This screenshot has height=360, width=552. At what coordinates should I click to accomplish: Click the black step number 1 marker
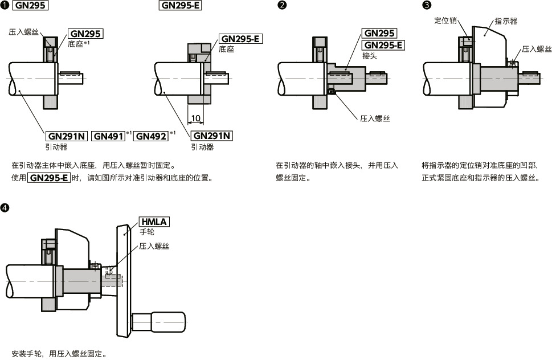(x=5, y=6)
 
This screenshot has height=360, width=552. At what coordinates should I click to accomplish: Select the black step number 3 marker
(x=427, y=6)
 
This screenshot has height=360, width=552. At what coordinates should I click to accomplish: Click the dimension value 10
(x=196, y=118)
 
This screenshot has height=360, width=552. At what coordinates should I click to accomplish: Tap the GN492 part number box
(x=151, y=136)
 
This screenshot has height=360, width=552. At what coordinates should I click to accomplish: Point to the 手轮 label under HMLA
(x=147, y=232)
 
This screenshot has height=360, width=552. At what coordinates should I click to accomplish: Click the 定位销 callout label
(x=447, y=21)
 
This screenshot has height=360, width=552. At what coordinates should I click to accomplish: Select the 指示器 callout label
(x=506, y=21)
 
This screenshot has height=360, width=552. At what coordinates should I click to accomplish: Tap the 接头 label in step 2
(x=370, y=56)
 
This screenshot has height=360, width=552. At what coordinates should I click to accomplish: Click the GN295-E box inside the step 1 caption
(x=48, y=178)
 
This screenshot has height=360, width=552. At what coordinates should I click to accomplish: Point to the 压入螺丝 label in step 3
(x=537, y=49)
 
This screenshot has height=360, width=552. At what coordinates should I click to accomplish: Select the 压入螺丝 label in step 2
(x=374, y=118)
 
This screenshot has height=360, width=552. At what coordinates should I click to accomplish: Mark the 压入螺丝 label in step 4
(x=154, y=246)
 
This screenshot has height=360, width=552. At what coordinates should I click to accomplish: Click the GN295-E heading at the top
(x=180, y=6)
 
